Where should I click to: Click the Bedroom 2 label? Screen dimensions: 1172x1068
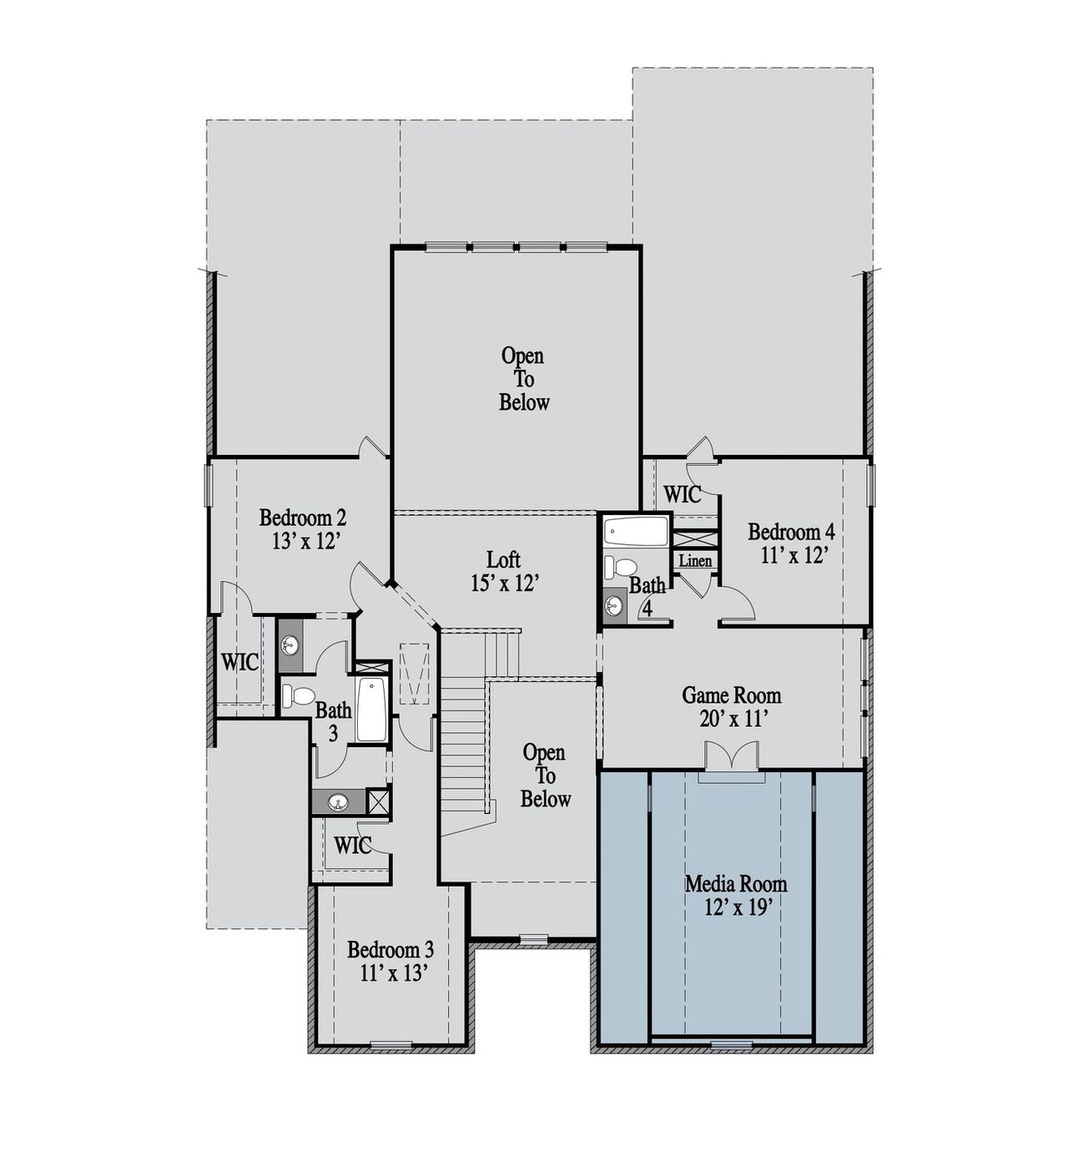(303, 518)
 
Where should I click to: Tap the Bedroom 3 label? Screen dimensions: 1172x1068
(390, 950)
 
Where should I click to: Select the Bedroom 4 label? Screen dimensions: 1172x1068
(791, 532)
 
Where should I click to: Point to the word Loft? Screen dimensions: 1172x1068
(504, 559)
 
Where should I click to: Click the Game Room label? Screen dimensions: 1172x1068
(732, 695)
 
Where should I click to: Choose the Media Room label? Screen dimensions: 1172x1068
(736, 884)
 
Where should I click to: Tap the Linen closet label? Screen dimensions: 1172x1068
(695, 560)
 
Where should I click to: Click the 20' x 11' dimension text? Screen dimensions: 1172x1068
(732, 719)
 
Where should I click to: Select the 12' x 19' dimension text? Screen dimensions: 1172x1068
(736, 907)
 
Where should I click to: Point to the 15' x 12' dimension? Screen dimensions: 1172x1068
(504, 583)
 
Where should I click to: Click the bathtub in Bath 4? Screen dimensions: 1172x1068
(636, 532)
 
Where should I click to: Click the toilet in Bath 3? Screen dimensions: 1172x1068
(297, 695)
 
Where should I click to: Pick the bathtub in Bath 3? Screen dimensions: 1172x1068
(371, 709)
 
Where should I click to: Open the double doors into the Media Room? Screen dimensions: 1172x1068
(731, 758)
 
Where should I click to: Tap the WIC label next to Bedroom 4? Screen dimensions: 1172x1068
(683, 494)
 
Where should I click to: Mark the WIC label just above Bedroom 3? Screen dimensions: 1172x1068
(352, 846)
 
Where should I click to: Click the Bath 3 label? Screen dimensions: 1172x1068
(333, 722)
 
